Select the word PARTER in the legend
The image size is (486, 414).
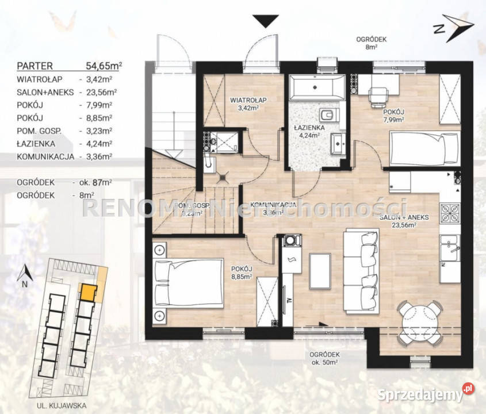(x=36, y=66)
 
